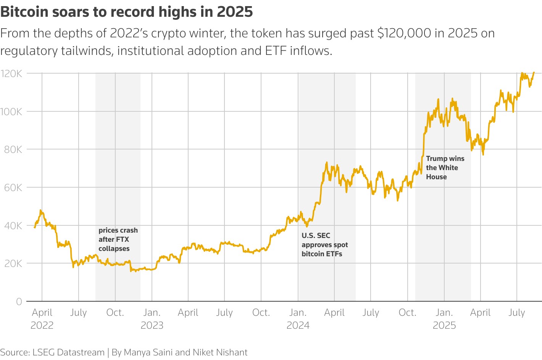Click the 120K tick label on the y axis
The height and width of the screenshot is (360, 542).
11,74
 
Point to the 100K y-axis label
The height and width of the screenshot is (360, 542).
11,112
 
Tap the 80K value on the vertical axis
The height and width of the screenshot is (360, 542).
13,149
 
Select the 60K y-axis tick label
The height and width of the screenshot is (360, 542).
13,188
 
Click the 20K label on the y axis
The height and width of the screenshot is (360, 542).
13,264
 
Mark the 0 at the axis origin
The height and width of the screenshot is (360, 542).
19,302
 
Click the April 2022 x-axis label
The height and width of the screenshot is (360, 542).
42,319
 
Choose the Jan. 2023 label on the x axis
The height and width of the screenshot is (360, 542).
152,319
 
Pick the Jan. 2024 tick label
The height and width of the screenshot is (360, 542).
298,319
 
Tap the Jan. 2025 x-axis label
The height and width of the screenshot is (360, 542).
444,319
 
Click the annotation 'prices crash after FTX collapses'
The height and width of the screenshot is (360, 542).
118,239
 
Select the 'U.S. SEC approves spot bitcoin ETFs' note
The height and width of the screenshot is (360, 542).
324,245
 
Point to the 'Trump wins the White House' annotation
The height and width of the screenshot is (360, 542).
445,168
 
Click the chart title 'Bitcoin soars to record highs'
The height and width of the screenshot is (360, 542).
126,12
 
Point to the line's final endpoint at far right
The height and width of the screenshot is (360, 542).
534,72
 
